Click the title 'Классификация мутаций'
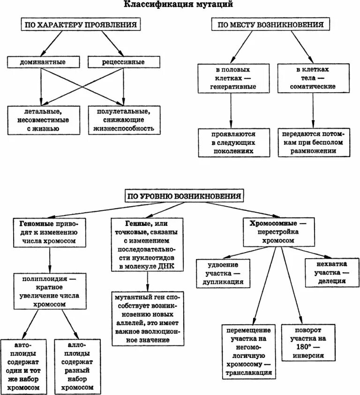[179, 5]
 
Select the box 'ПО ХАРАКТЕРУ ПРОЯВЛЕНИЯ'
[81, 25]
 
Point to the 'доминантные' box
[43, 62]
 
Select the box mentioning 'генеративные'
[232, 78]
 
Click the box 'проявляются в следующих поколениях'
[232, 142]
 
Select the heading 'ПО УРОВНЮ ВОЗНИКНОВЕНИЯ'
[185, 195]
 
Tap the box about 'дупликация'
[223, 273]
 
